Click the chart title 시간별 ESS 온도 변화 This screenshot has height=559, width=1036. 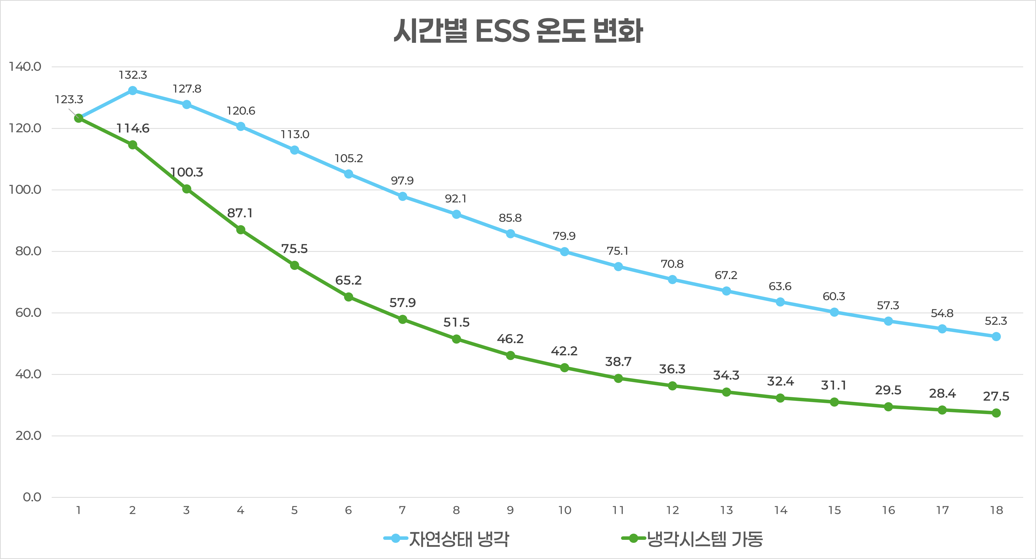point(518,31)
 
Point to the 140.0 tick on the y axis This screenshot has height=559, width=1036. point(25,67)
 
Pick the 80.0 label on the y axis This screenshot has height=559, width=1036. point(28,251)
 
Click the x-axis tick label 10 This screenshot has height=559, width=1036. point(564,510)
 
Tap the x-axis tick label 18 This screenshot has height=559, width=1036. point(996,510)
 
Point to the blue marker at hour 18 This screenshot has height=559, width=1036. point(996,337)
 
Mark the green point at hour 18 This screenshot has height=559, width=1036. point(996,413)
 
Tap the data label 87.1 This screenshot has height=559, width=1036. point(240,213)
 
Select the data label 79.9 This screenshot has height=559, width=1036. point(564,236)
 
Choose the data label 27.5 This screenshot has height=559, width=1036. point(996,397)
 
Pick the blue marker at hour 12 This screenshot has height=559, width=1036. point(672,280)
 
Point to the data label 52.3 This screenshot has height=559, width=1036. point(996,321)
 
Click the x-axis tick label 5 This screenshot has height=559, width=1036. point(294,510)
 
